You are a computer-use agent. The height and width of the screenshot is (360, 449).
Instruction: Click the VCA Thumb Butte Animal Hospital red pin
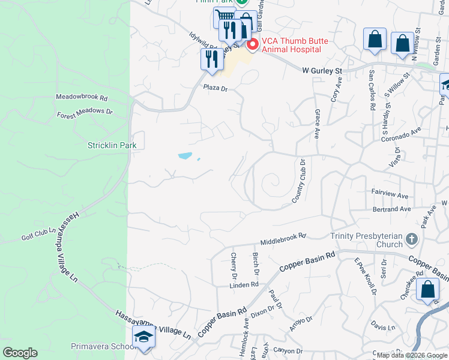pos(253,45)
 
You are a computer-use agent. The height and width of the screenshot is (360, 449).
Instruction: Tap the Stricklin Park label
pos(112,145)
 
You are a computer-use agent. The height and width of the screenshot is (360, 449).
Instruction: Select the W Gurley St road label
pos(322,70)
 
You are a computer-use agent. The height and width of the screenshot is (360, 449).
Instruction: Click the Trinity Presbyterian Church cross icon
pos(411,239)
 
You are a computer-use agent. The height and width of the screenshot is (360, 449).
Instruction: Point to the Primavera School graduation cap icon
pos(144,338)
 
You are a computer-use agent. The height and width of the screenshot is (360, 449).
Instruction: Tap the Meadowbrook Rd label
pos(82,97)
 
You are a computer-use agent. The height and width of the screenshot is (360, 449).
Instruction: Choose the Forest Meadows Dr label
pos(85,112)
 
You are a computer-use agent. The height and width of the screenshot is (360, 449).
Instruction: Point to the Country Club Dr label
pos(299,181)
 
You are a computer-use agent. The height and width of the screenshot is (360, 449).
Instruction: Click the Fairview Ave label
pos(390,196)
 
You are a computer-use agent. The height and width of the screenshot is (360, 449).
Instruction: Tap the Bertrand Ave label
pos(391,209)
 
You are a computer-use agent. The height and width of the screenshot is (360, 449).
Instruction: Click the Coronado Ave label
pos(402,134)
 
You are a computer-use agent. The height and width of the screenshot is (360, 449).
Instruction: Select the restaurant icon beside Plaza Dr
pos(211,59)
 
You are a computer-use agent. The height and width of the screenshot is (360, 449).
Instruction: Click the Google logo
pos(20,353)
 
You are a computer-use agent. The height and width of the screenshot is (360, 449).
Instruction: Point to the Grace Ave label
pos(317,124)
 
